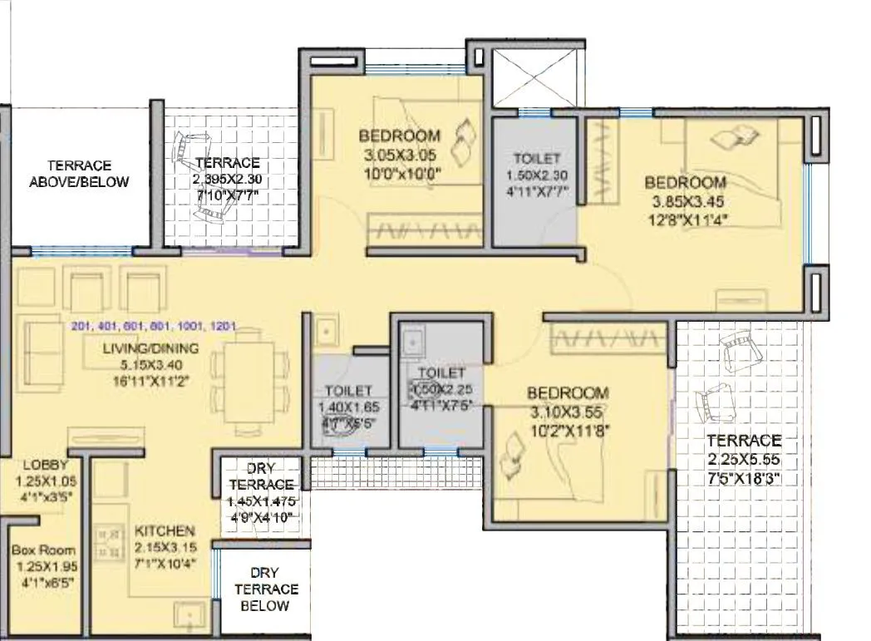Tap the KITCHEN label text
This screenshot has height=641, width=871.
point(165,530)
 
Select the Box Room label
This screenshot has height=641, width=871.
point(43,550)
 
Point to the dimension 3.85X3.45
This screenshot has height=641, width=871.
point(686,200)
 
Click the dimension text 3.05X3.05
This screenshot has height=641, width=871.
point(399,155)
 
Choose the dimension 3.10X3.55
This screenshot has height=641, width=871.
point(568,411)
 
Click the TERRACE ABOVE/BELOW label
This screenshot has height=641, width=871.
point(79,173)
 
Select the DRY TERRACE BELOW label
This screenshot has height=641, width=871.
point(265,589)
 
